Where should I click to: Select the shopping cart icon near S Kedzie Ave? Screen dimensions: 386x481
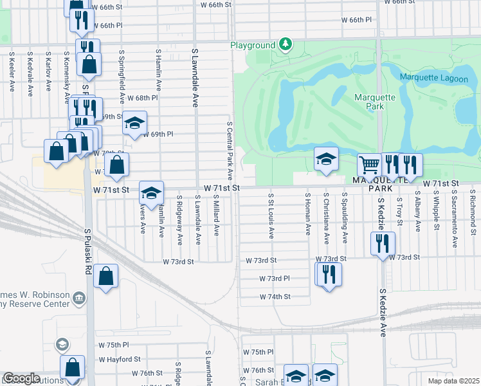point(369,165)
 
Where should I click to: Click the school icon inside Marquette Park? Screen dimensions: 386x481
point(326,158)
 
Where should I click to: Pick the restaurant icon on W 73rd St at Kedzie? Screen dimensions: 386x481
point(383,243)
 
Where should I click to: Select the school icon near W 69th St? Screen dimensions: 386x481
point(134,122)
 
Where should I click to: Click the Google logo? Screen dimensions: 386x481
point(21,378)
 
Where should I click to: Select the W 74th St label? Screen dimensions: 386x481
point(275,297)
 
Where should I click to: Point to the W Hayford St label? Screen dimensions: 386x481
point(120,359)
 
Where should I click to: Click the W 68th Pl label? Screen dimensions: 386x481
point(142,98)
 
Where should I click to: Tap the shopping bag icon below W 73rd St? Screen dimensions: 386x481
point(106,276)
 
